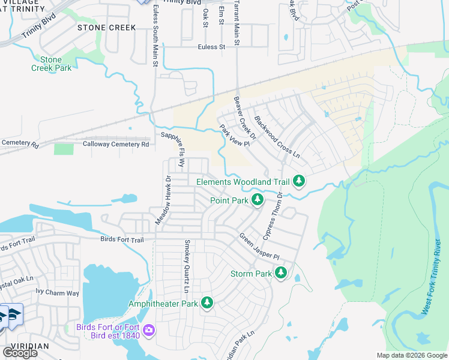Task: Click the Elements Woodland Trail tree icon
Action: tap(299, 181)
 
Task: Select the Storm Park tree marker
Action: tap(280, 274)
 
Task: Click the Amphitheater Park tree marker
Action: tap(207, 304)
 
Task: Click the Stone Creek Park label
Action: tap(51, 64)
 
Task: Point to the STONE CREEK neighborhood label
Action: tap(107, 28)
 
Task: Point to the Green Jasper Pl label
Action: tap(259, 246)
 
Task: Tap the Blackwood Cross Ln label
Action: tap(276, 137)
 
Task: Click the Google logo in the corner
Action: tap(20, 352)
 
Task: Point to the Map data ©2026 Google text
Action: tap(411, 355)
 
